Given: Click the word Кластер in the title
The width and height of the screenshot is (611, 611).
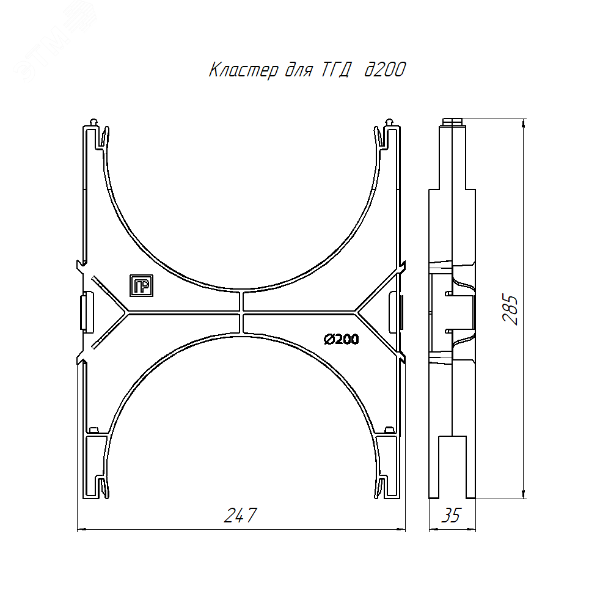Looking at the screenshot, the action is [x=244, y=70].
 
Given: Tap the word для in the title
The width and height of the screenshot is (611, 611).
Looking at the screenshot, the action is [x=299, y=71].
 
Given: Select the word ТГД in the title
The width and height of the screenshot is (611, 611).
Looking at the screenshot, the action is [x=336, y=70].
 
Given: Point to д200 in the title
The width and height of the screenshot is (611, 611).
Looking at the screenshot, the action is [x=385, y=70].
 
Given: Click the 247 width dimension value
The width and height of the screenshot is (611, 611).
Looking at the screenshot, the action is [x=240, y=515].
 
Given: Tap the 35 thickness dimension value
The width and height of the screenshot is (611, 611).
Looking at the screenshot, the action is [x=452, y=515].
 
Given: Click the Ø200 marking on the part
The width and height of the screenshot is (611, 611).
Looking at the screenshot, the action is [x=342, y=339].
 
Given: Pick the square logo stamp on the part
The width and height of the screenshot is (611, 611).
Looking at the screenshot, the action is [x=142, y=285].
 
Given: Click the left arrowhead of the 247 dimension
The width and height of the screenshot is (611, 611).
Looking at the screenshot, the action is [x=82, y=529].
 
